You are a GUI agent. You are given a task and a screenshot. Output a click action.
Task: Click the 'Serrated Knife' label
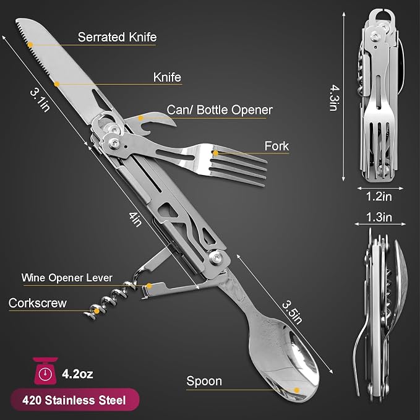pos(117,37)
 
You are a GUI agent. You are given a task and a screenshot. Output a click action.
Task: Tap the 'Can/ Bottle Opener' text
pos(220,110)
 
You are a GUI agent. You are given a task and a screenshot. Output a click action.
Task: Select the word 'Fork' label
pos(276,146)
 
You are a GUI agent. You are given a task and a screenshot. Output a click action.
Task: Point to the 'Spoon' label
pos(204,381)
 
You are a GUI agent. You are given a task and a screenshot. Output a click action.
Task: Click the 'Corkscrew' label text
pos(38,303)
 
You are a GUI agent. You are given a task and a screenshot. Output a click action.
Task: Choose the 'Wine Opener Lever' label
pos(67,278)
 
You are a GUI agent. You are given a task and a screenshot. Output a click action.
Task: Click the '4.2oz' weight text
pos(77,374)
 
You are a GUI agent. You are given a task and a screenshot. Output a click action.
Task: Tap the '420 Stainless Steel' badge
pos(75,400)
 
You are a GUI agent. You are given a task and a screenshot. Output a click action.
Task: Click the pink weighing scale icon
pos(45,371)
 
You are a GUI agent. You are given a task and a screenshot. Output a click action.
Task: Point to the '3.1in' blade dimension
pos(40,100)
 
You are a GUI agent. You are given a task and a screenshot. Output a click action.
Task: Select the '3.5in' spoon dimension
pos(292,312)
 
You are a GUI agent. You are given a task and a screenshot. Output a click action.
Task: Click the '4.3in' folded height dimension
pos(335,98)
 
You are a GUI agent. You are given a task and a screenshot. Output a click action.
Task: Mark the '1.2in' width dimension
pos(379,197)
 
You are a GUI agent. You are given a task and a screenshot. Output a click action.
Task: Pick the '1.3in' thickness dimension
pos(379,217)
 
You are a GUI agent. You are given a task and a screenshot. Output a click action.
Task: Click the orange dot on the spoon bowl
pos(296,390)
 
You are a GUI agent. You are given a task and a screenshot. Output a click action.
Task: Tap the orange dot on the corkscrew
pos(96,311)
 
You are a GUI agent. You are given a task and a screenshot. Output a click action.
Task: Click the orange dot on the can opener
pos(140,118)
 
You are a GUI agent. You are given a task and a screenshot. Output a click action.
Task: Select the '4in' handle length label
pos(135,220)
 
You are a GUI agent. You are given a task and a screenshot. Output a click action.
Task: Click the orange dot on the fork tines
pos(216,153)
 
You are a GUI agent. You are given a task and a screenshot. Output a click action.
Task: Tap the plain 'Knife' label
pos(167,77)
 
